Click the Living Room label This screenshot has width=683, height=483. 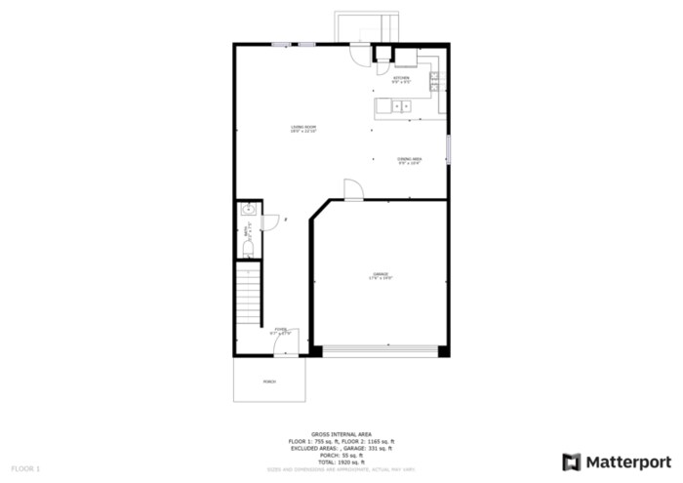coord(303,129)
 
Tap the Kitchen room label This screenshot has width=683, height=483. coord(401,80)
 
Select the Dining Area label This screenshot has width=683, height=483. coord(409,160)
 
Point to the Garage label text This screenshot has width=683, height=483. coord(380,276)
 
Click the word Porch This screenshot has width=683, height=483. coord(269,382)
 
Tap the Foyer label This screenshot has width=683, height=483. coord(281,332)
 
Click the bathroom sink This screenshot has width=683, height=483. coord(249,209)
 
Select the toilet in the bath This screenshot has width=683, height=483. coord(247,250)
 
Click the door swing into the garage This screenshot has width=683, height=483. coord(353,190)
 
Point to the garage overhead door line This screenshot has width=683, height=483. coord(380,348)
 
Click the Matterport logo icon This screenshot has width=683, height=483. coord(571,461)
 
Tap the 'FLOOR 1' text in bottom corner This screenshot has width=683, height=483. coord(26,469)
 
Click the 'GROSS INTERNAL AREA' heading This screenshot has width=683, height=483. coord(341,434)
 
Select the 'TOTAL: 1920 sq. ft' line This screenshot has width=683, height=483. coord(341,462)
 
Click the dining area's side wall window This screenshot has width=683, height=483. coord(449,151)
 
